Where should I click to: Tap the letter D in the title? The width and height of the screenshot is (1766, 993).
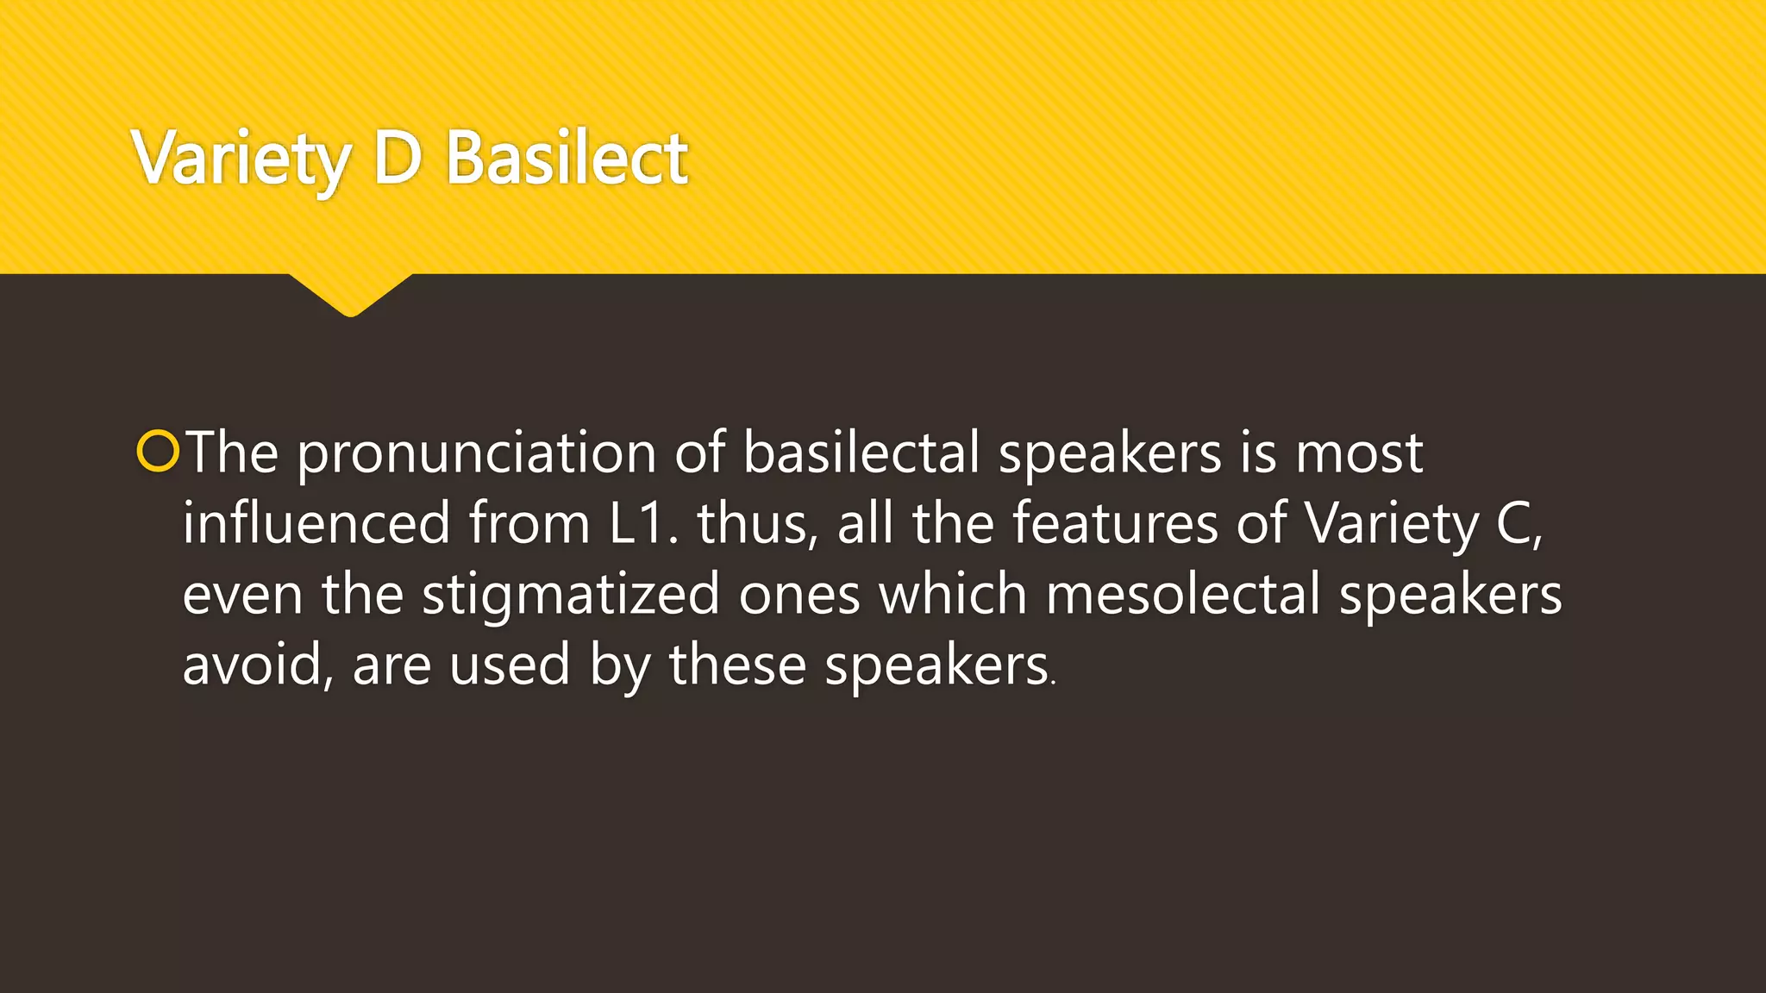(x=398, y=158)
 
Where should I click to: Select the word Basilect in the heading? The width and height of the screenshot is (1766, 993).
(x=567, y=158)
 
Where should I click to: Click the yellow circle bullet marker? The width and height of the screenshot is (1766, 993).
(x=158, y=452)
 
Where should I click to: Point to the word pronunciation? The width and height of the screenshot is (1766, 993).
(x=476, y=453)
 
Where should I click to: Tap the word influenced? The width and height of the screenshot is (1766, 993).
(x=316, y=523)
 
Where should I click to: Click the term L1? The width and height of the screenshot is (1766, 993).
(x=638, y=523)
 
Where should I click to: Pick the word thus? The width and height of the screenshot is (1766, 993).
(x=755, y=523)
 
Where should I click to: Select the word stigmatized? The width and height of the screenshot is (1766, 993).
(x=570, y=595)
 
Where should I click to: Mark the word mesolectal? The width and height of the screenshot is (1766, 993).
(x=1182, y=594)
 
